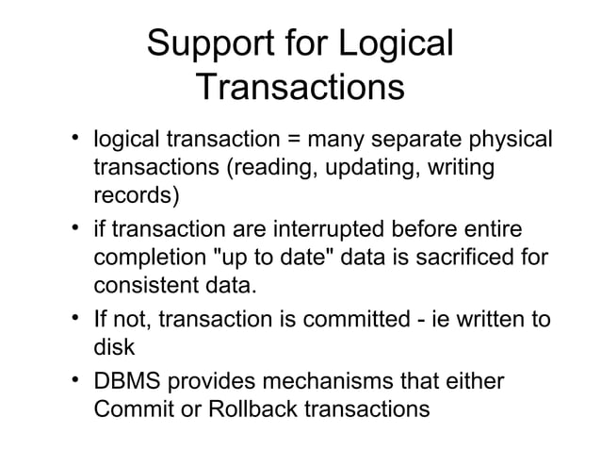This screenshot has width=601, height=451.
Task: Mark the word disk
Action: point(112,346)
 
